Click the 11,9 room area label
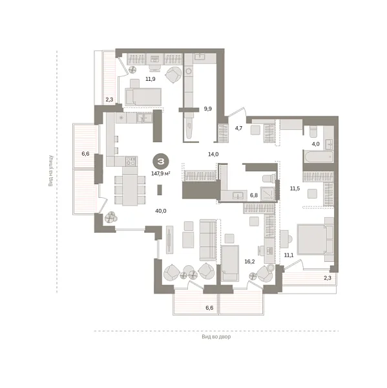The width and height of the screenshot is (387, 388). click(x=150, y=79)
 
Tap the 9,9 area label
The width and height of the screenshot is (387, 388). click(x=207, y=109)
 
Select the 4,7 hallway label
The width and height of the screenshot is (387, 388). click(x=238, y=128)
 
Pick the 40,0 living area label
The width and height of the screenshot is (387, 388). click(x=161, y=211)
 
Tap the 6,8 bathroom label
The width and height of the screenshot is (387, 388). click(x=253, y=195)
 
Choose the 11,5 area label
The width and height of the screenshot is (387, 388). click(x=295, y=189)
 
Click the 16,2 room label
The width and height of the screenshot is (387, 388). click(x=249, y=262)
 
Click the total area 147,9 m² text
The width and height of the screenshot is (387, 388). click(x=160, y=173)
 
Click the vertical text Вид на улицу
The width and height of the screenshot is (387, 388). click(x=51, y=170)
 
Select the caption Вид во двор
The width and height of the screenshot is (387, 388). click(x=215, y=337)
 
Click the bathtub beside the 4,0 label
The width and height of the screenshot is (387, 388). click(x=319, y=157)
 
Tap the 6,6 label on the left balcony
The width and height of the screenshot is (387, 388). click(x=85, y=154)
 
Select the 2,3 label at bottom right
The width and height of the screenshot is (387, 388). click(x=329, y=278)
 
